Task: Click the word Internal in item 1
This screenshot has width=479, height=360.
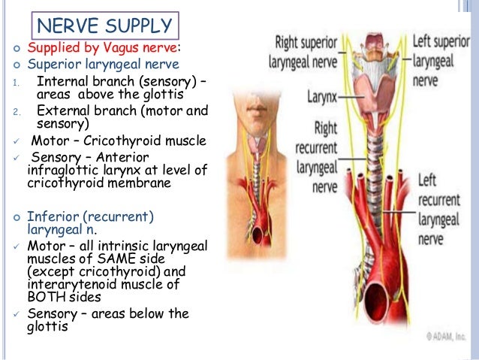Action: coord(61,82)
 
